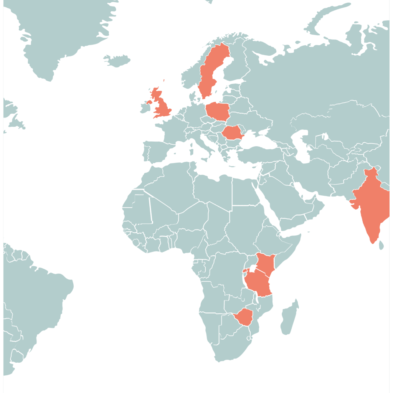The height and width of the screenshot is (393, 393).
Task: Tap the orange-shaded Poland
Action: tap(218, 111)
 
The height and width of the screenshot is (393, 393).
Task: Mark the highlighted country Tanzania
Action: tap(258, 284)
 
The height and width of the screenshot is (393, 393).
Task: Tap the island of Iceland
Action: tap(117, 60)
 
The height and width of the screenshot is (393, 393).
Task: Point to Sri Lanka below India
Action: tap(381, 245)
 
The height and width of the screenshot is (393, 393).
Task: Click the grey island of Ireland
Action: tap(145, 108)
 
